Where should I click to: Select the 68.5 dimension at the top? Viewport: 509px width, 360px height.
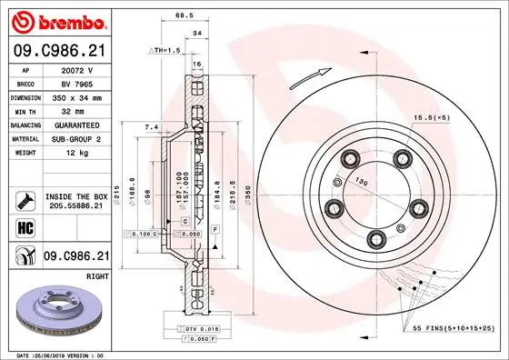point(185,15)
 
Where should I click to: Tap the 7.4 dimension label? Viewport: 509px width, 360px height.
point(151,127)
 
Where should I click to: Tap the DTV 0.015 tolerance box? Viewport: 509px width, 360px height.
point(197,327)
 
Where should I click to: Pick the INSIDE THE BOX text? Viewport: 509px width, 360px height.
point(76,196)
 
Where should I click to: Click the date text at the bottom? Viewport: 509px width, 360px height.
point(55,355)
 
